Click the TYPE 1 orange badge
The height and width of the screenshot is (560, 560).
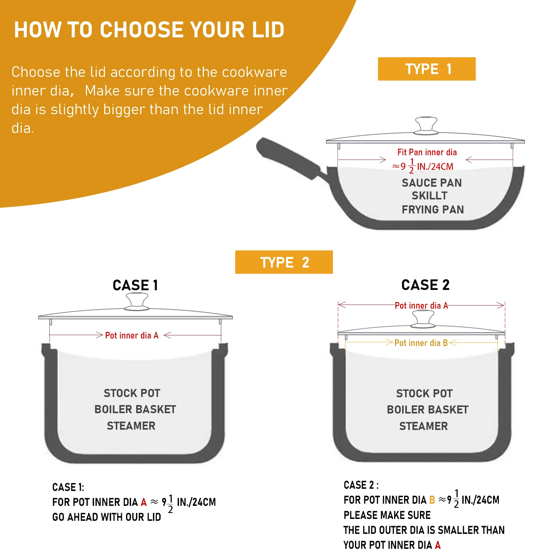click(x=427, y=69)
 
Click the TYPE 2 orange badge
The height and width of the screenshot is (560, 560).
click(x=284, y=262)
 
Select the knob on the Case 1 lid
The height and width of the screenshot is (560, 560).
click(x=137, y=301)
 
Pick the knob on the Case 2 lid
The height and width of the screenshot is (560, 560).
click(x=423, y=319)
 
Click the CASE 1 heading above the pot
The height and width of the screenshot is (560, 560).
click(x=135, y=285)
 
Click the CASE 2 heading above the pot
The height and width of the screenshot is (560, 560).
click(x=425, y=285)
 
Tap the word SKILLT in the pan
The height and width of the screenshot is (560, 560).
click(x=429, y=196)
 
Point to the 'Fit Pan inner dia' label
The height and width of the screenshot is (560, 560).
click(x=427, y=152)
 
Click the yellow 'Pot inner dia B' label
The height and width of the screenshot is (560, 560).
click(x=421, y=343)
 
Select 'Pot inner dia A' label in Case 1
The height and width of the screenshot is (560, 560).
click(x=132, y=335)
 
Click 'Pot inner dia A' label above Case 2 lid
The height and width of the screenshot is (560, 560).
click(x=421, y=306)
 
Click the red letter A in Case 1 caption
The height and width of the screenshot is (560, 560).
click(x=143, y=502)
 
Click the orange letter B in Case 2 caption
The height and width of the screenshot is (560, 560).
click(x=432, y=500)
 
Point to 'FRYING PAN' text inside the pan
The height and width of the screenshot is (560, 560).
click(x=433, y=210)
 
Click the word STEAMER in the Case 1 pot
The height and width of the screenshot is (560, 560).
click(x=131, y=426)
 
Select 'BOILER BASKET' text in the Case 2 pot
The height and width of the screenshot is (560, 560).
click(x=427, y=410)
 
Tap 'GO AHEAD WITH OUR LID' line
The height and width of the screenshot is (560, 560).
click(x=106, y=517)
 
